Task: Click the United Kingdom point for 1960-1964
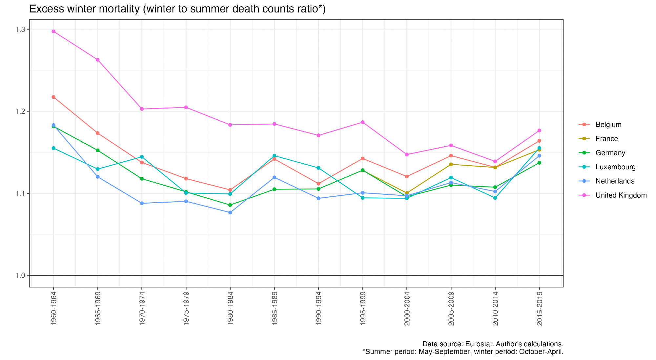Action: point(53,31)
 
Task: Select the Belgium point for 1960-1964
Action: point(53,97)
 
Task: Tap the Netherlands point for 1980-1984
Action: point(230,212)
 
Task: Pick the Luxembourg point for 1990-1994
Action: point(318,168)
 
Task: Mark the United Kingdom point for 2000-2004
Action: point(407,154)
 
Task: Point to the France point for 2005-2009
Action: point(451,164)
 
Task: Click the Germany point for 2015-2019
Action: point(539,163)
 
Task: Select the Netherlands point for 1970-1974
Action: point(142,203)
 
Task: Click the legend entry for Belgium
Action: point(608,125)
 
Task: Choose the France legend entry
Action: point(606,139)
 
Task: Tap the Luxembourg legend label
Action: point(615,167)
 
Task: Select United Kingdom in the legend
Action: point(621,195)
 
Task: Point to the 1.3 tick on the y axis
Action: point(20,30)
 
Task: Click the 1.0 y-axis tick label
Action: point(20,275)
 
